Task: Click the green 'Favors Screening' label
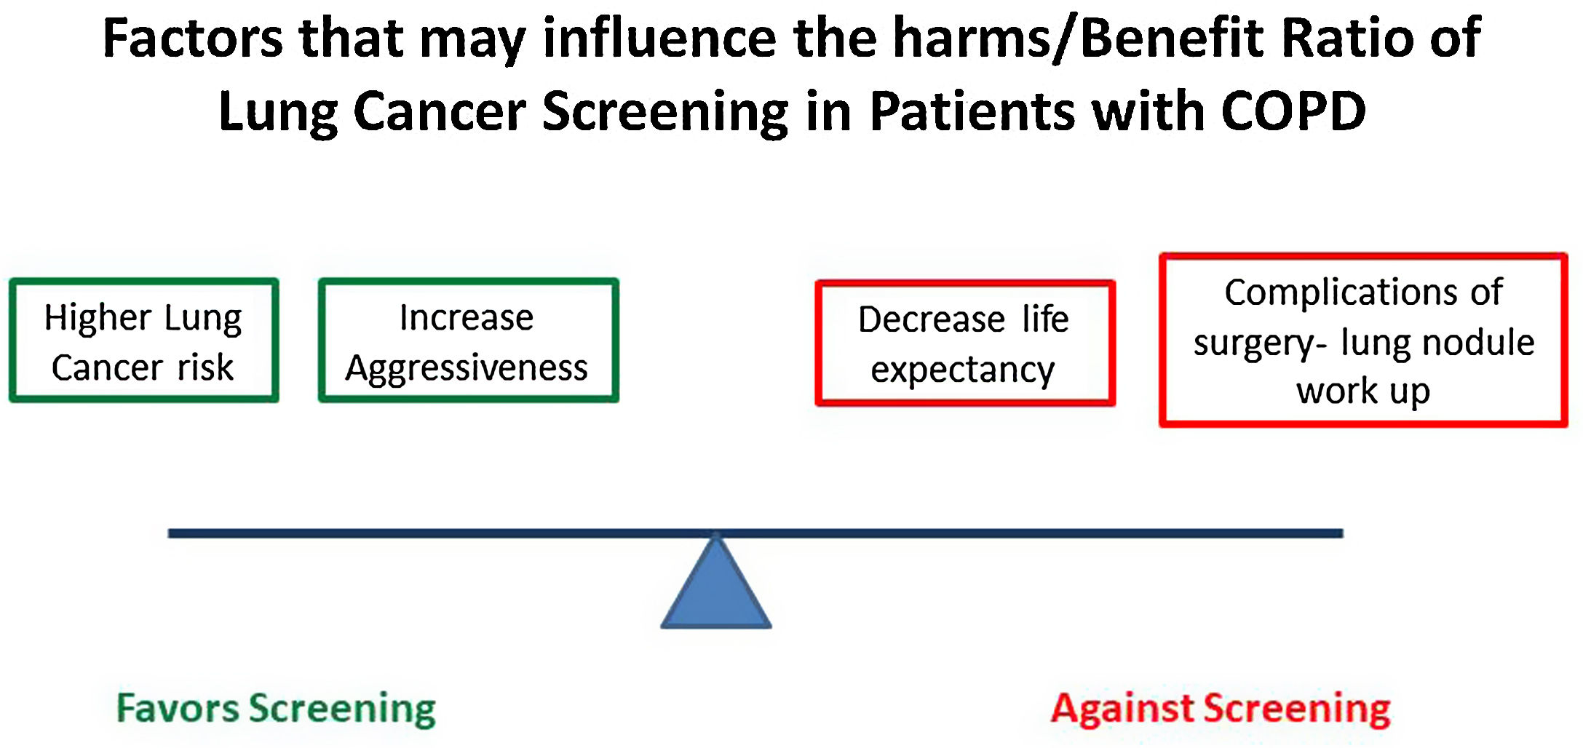tap(276, 709)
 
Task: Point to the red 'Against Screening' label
tap(1221, 709)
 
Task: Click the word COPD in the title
tap(1293, 111)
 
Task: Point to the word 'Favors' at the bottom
tap(178, 709)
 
